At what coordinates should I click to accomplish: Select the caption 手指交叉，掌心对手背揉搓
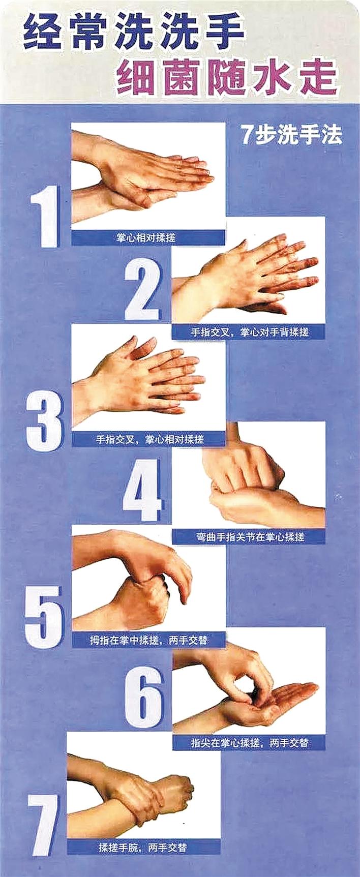pos(250,332)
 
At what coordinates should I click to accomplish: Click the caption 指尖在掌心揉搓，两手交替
pos(249,743)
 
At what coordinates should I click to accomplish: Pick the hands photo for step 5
pos(148,580)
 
